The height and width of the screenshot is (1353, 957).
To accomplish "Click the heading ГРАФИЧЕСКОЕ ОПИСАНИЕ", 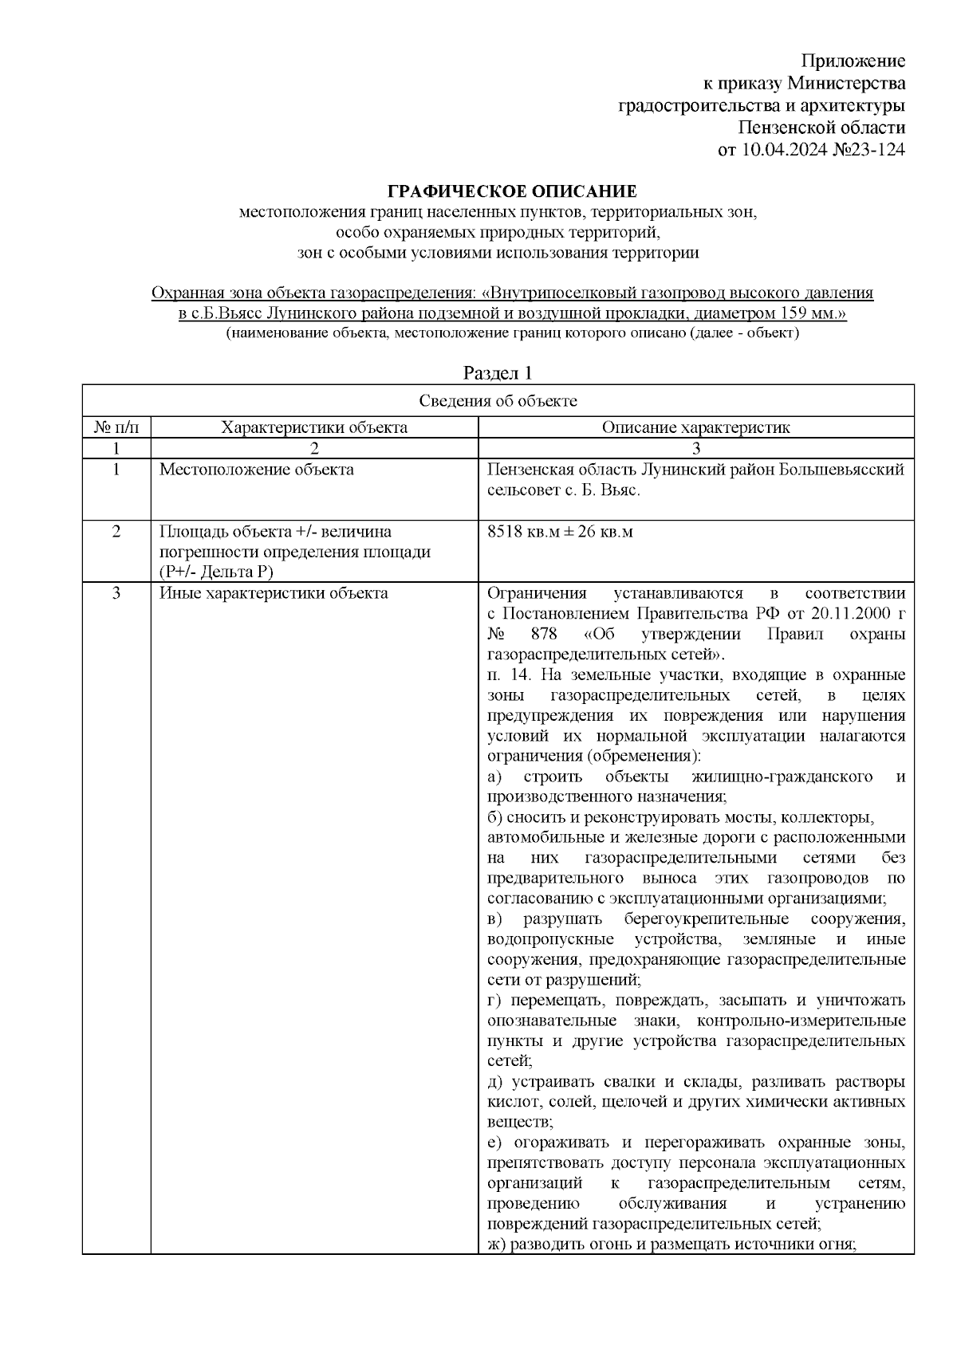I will (512, 191).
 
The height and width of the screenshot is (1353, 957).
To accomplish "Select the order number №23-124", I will (868, 149).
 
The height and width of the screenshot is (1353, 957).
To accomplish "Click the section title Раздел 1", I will (498, 373).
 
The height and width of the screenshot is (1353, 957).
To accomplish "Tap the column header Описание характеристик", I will (695, 427).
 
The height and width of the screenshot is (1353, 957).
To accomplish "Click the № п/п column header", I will (116, 427).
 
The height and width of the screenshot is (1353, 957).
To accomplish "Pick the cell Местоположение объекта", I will (257, 470).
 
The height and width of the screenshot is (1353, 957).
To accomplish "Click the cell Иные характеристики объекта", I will (274, 593).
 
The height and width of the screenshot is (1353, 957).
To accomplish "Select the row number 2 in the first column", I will (116, 532).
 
